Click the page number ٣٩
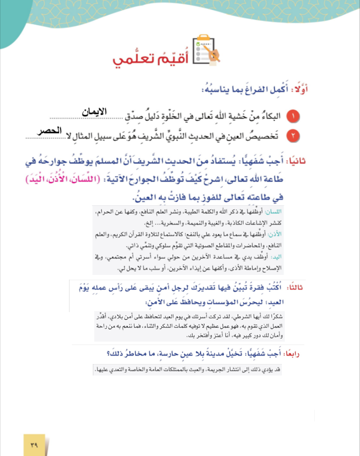tap(34, 445)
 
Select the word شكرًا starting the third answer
tap(273, 315)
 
